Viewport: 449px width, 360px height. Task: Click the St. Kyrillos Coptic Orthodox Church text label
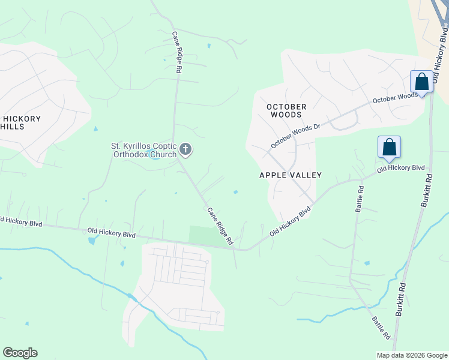point(144,150)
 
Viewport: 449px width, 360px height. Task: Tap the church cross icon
point(186,149)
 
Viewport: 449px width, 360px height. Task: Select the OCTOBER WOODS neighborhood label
point(287,110)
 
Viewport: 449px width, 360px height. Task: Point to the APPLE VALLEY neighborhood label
point(291,175)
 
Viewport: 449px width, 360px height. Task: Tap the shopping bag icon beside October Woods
point(421,82)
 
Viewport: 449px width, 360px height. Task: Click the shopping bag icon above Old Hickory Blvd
point(389,147)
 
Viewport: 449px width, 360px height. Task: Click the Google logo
point(20,353)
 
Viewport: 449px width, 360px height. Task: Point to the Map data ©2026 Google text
point(411,355)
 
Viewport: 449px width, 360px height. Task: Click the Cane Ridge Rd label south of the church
point(220,226)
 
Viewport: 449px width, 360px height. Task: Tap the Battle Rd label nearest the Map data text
point(381,328)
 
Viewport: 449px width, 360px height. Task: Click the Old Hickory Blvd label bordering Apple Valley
point(290,220)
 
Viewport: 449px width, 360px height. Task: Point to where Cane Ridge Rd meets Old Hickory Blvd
point(236,248)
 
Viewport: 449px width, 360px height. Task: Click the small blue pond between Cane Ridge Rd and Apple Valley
point(236,193)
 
